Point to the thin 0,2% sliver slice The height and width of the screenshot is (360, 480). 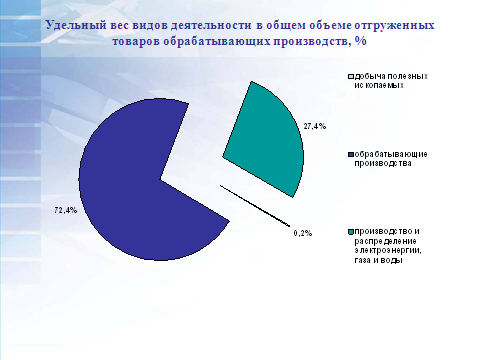[x=255, y=206]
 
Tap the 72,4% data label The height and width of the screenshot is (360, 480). [x=66, y=210]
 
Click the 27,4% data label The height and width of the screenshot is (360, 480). [x=315, y=126]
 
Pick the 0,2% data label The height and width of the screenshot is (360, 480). [x=303, y=233]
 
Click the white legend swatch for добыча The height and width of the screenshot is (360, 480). [x=351, y=77]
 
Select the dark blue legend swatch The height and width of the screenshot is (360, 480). [x=351, y=155]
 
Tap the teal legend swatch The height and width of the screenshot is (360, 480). [x=351, y=232]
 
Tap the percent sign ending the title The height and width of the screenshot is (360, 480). [x=361, y=41]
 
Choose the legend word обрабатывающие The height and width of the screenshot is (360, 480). [x=391, y=155]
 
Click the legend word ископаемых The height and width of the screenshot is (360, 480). [x=379, y=85]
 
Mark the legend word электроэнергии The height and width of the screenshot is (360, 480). [x=388, y=251]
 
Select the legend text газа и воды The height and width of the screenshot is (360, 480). [x=378, y=260]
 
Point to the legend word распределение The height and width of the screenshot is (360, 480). [x=385, y=241]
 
